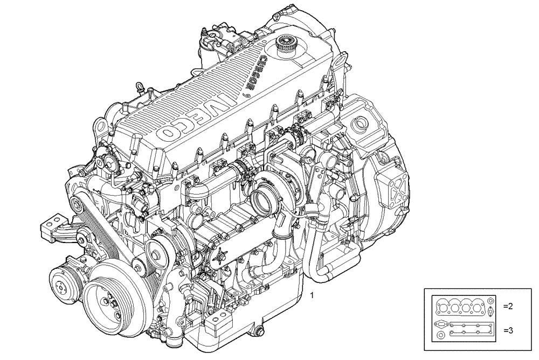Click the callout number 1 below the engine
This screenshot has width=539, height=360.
[x=312, y=295]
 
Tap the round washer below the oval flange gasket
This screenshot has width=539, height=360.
[x=440, y=337]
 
